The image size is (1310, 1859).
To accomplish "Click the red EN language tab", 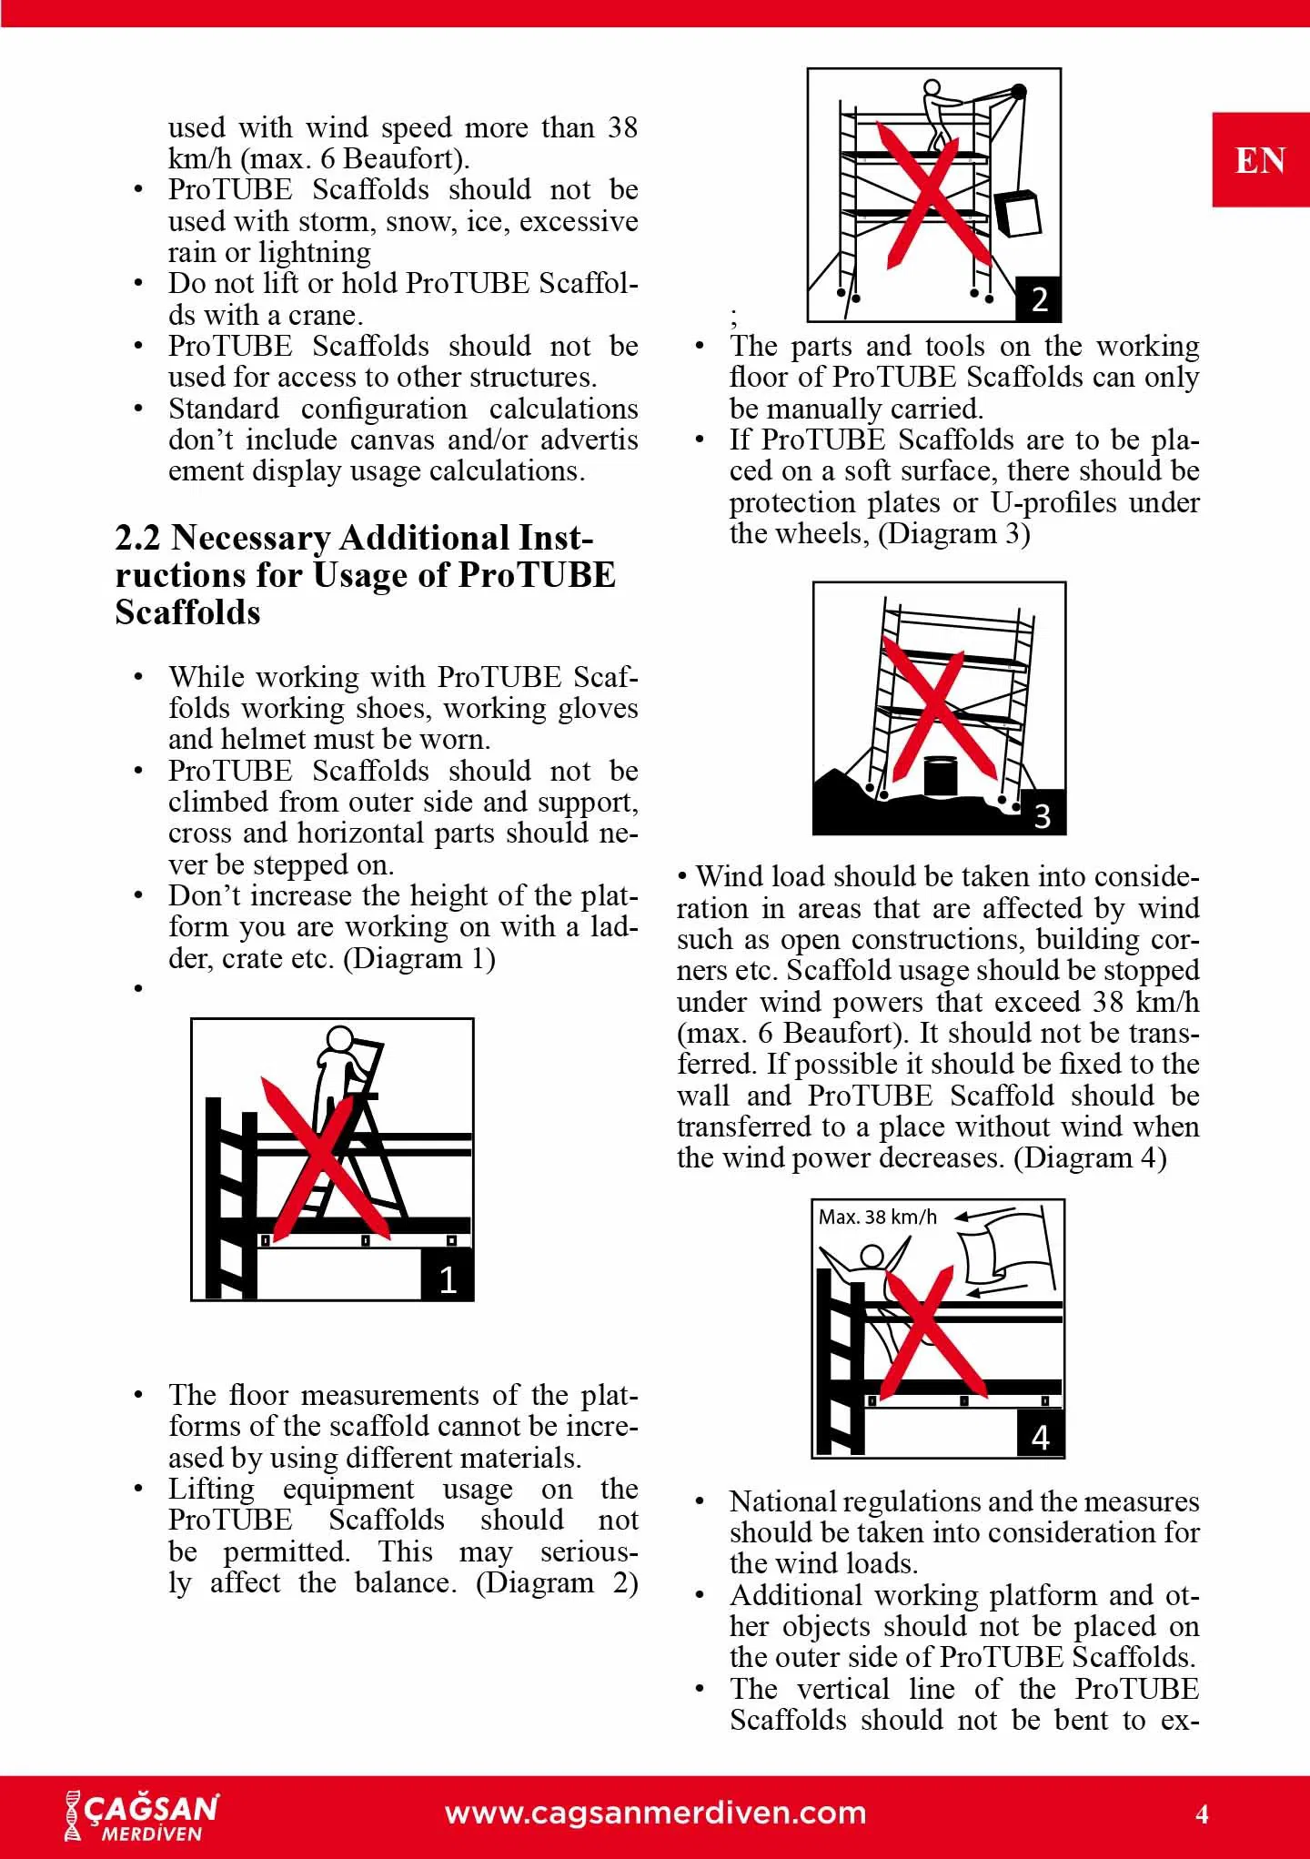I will [1260, 160].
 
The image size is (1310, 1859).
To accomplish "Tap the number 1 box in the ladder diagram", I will [448, 1278].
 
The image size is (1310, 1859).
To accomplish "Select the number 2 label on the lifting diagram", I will [1040, 299].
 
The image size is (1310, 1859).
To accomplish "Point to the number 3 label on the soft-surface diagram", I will [1043, 814].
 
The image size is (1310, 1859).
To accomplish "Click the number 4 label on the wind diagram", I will [1041, 1437].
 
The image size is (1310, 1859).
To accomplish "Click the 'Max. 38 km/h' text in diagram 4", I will [877, 1217].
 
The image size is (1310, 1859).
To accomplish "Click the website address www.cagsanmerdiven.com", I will [655, 1813].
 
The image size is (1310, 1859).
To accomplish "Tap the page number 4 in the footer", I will [1202, 1814].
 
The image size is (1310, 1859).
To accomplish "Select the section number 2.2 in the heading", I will [137, 539].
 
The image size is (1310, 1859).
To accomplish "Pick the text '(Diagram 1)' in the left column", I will [419, 958].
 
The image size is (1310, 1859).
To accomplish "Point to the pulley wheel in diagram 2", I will [1019, 91].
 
